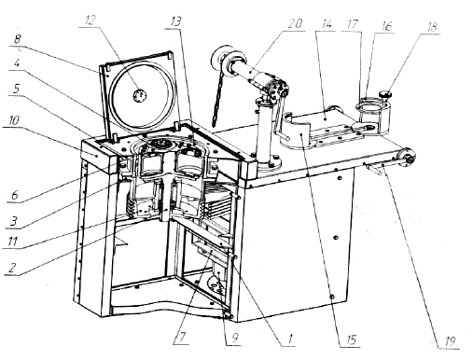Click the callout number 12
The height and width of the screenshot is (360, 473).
(90, 21)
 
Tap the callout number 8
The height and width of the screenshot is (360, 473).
(17, 39)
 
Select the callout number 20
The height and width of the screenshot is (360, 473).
(295, 23)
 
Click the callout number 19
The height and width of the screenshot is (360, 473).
(450, 341)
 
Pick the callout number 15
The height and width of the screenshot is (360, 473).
(351, 339)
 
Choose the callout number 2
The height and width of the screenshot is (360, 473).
(11, 268)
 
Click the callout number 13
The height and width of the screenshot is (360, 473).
(175, 21)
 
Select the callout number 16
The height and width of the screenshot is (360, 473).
(385, 26)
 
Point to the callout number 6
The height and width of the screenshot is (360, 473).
(14, 195)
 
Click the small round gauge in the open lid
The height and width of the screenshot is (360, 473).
(140, 95)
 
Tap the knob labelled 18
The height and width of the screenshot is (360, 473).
(385, 93)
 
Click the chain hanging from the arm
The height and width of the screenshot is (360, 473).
(216, 103)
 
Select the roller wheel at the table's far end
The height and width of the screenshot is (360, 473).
(408, 157)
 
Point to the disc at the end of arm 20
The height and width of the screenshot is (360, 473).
(218, 60)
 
